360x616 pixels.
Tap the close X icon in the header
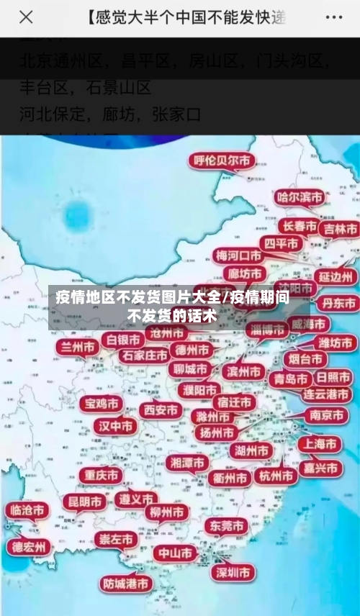[26, 17]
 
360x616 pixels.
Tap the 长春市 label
[299, 226]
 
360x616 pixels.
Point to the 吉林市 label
[340, 229]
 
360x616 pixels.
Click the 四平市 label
[279, 244]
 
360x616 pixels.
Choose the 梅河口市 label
[239, 255]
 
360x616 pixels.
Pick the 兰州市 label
[78, 347]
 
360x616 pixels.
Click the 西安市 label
[160, 410]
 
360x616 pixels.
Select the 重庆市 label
[100, 476]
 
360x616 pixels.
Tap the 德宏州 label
[29, 547]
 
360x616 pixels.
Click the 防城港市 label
[126, 583]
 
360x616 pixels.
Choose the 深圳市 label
[233, 572]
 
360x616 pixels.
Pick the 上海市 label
[320, 444]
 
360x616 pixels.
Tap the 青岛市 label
[289, 379]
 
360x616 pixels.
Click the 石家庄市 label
[144, 355]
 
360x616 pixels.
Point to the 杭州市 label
[276, 476]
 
